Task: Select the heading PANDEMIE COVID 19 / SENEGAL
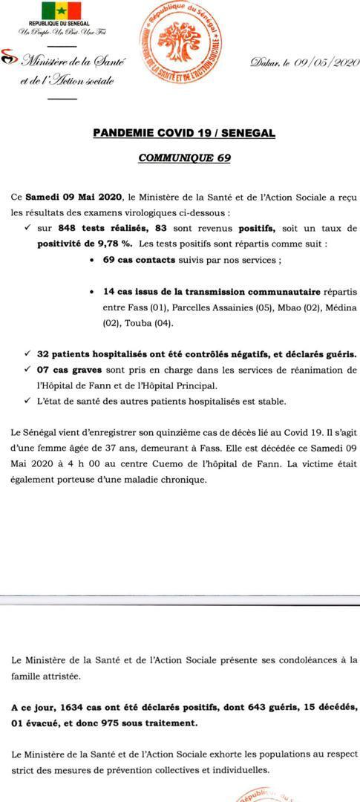[184, 134]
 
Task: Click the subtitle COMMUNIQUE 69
[184, 158]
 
